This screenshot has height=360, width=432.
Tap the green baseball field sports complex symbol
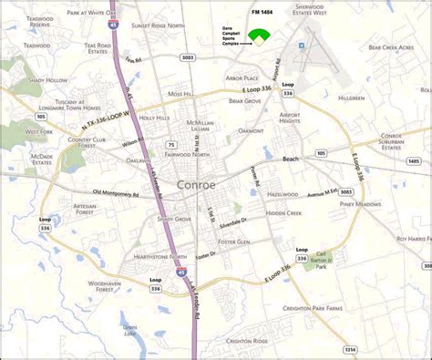pyautogui.click(x=261, y=36)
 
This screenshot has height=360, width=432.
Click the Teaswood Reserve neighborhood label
pyautogui.click(x=39, y=22)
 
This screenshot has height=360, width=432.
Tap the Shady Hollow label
pyautogui.click(x=47, y=80)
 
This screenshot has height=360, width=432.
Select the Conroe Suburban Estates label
pyautogui.click(x=398, y=139)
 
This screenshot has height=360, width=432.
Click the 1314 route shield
pyautogui.click(x=350, y=348)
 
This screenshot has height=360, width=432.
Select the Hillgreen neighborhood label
pyautogui.click(x=351, y=97)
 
